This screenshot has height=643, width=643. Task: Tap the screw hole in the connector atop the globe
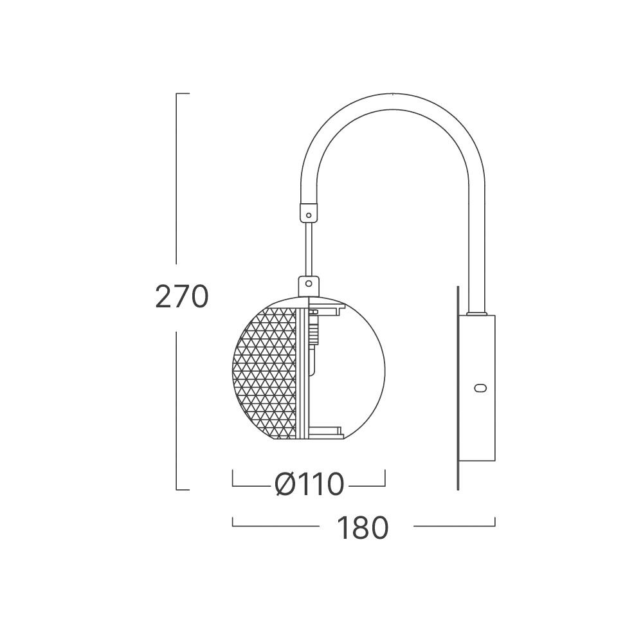(x=309, y=282)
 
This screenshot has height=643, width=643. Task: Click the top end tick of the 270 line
(x=182, y=94)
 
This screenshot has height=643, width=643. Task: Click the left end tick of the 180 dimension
(x=233, y=522)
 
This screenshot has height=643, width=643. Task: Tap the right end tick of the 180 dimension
(x=494, y=522)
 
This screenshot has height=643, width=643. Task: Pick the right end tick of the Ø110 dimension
(x=385, y=479)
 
